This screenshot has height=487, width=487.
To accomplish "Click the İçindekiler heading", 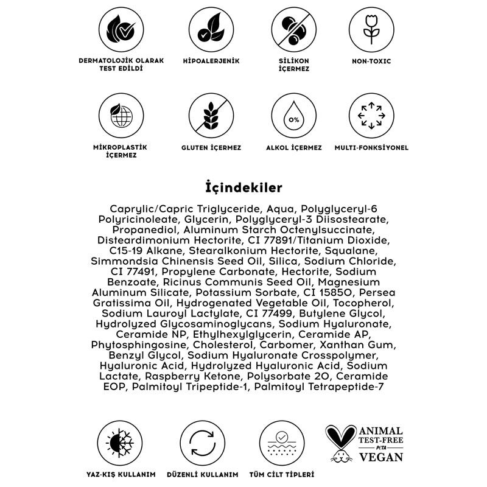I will coord(243,186).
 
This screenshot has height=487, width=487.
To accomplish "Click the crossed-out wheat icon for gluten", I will coord(211,116).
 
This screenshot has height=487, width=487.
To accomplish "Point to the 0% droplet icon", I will coord(293,116).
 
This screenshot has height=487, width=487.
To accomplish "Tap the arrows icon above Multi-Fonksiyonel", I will coord(371,116).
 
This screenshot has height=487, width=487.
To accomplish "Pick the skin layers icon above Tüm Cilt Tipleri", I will coord(281,442).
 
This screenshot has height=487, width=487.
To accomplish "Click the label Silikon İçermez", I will coord(293,65).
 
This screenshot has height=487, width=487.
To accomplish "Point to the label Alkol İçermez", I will coord(293,148).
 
